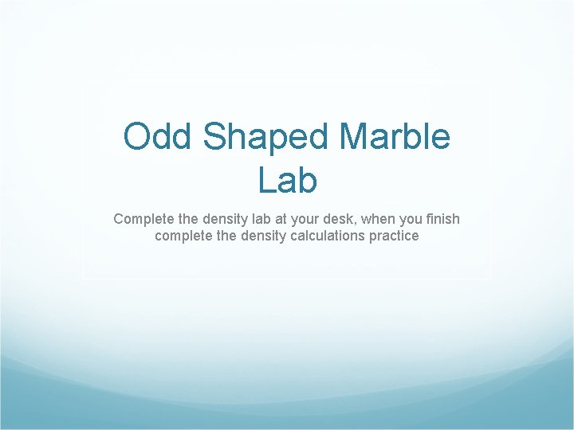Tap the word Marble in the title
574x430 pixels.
pos(395,137)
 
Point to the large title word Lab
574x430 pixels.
pos(287,180)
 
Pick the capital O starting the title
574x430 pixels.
pos(135,137)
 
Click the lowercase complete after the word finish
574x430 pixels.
pos(183,236)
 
